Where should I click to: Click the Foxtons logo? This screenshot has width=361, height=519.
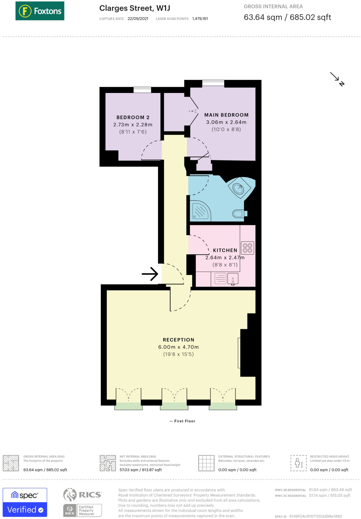40,11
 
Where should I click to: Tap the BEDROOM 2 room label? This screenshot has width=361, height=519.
133,117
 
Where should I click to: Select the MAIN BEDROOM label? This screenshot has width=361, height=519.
226,115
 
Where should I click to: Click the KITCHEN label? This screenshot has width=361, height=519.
225,250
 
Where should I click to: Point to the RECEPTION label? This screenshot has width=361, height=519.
179,340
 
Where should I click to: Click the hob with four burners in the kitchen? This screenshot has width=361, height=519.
247,248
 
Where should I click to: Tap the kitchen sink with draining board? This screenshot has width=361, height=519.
226,279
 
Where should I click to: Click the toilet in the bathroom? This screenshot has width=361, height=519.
239,213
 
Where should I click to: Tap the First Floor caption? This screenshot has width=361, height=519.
183,421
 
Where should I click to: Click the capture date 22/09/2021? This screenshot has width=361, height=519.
138,19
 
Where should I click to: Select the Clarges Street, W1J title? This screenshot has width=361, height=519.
135,8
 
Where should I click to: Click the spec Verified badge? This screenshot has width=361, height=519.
25,502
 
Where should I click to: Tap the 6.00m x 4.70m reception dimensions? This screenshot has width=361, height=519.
178,347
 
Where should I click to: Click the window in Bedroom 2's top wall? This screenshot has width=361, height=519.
142,90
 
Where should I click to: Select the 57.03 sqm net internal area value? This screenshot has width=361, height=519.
141,470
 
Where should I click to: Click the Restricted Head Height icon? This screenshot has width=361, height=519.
299,463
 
